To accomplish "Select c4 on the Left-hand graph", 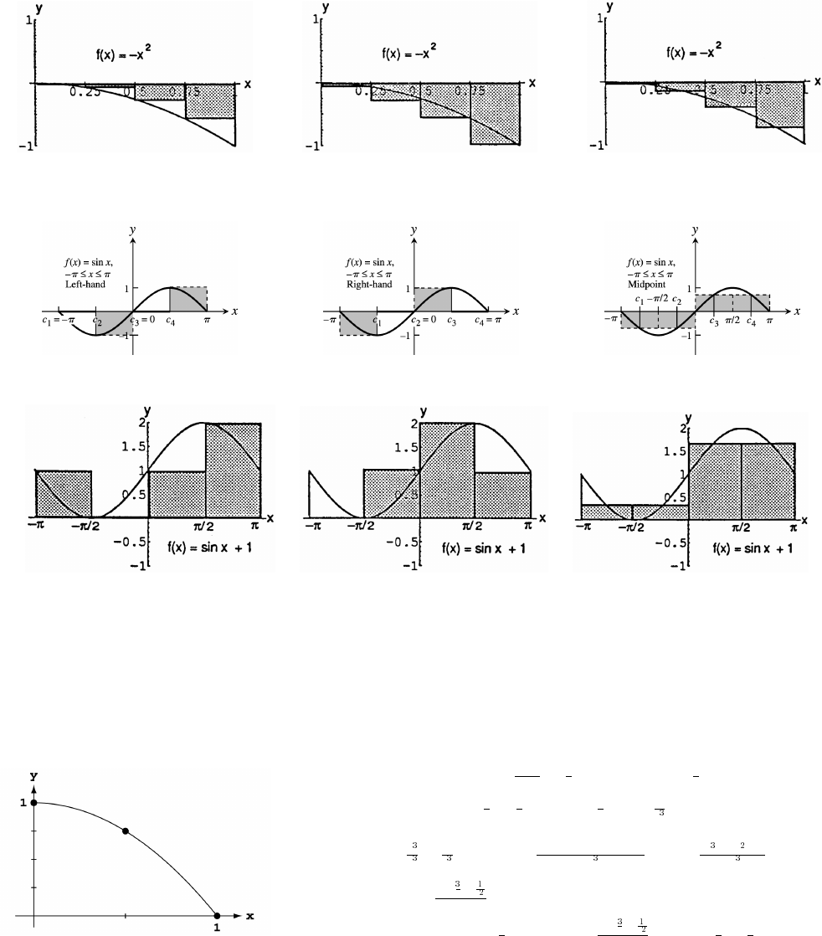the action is tap(170, 320).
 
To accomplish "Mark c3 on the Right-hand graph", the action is tap(451, 320).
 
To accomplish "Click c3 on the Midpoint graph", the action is tap(714, 321).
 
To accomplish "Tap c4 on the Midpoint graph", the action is tap(751, 321).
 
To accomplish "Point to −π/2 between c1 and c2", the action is tap(659, 299).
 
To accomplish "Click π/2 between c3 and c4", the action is tap(732, 321).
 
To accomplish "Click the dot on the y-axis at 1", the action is tap(33, 803).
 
